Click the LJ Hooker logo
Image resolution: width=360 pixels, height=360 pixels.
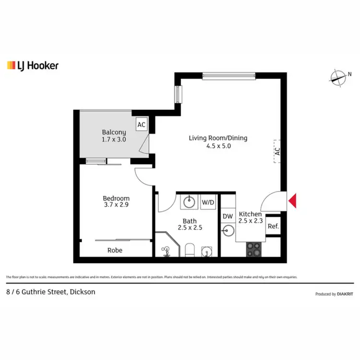33,65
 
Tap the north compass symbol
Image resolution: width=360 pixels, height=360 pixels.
339,77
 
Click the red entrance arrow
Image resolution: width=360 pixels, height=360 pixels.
293,201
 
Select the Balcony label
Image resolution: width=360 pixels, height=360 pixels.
114,132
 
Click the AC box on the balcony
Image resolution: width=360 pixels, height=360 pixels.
142,125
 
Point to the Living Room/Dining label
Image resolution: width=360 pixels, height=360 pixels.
218,138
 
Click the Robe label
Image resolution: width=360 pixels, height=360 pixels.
115,250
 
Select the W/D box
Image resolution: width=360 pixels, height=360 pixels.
208,202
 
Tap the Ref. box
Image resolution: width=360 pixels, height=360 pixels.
273,226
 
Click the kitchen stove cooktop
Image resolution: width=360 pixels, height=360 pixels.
254,249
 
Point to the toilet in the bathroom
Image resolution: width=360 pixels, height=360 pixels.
189,250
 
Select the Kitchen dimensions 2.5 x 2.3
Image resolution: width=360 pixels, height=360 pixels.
250,221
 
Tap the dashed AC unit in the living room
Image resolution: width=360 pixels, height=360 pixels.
277,151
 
